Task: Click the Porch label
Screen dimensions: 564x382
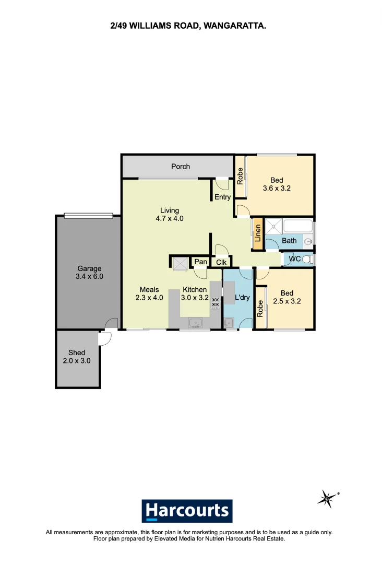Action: tap(181, 167)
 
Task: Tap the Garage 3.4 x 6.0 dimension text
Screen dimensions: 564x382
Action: tap(89, 277)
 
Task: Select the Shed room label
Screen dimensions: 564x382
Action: tap(77, 353)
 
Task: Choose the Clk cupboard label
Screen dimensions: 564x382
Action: tap(221, 262)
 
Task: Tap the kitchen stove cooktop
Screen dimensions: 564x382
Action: tap(215, 303)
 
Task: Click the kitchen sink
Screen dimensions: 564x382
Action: tap(195, 322)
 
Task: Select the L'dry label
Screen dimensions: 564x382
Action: tap(243, 298)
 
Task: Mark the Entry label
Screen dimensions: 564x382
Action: tap(222, 197)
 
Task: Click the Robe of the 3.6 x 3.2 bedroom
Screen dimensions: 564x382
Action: tap(240, 176)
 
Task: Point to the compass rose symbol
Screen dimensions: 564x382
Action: tap(327, 499)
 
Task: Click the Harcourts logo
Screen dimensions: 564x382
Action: tap(187, 511)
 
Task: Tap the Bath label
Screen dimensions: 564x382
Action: tap(289, 241)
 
